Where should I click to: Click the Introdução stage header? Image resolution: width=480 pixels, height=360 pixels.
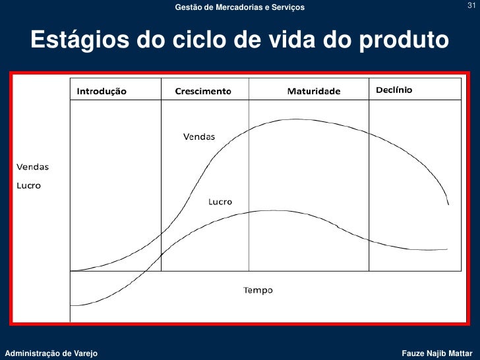coord(102,91)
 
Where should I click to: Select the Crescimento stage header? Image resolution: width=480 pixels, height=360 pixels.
coord(203,91)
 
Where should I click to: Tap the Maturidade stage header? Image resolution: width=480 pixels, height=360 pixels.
coord(314,91)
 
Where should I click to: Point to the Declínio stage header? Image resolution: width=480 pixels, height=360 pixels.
coord(394,90)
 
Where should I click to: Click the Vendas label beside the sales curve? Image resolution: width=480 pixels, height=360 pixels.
coord(198,137)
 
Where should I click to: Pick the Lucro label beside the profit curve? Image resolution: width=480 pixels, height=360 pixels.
coord(220,202)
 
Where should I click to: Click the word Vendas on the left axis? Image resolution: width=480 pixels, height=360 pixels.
coord(32,167)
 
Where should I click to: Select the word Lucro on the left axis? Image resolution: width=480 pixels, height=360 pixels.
coord(28,186)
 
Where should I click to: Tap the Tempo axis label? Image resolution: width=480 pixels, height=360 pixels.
coord(258,290)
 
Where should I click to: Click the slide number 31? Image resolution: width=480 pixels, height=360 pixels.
coord(471,7)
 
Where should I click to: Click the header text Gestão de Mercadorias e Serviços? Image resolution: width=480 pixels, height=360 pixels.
coord(240,7)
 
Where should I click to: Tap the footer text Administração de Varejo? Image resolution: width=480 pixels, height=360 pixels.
coord(51,354)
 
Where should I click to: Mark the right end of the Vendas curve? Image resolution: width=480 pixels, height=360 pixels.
coord(449,204)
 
